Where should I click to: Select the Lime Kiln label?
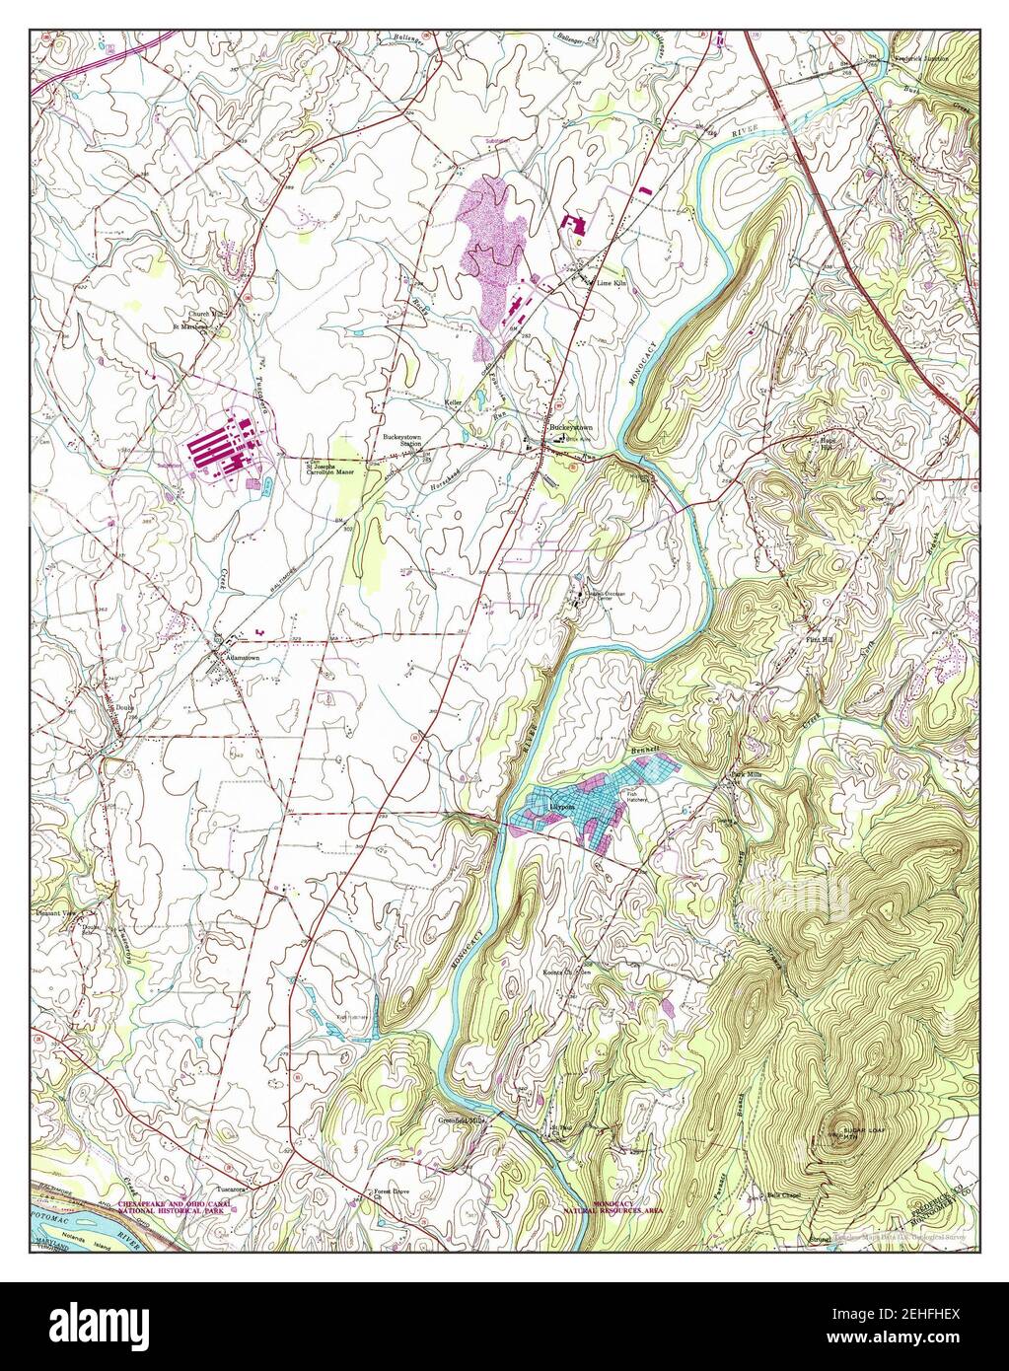(x=612, y=282)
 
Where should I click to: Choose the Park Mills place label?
(x=747, y=775)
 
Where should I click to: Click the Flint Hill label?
(x=816, y=639)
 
